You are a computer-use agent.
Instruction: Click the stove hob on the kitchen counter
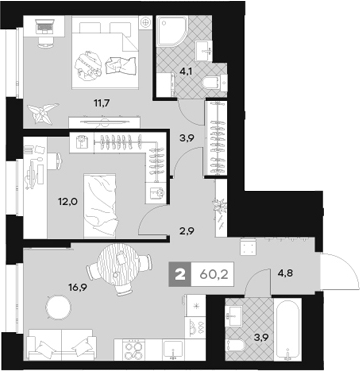click(136, 349)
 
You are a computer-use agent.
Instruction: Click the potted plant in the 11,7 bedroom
click(41, 111)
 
